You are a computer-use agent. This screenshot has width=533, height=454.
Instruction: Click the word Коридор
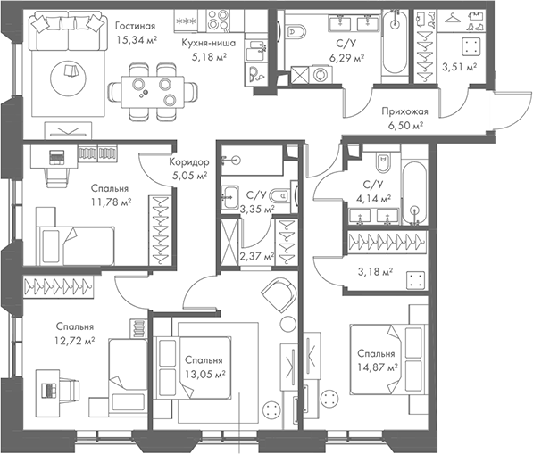(x=188, y=162)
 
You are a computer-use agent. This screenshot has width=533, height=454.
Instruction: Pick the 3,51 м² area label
(x=460, y=66)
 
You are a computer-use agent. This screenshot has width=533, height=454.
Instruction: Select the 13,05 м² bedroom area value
(x=204, y=375)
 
